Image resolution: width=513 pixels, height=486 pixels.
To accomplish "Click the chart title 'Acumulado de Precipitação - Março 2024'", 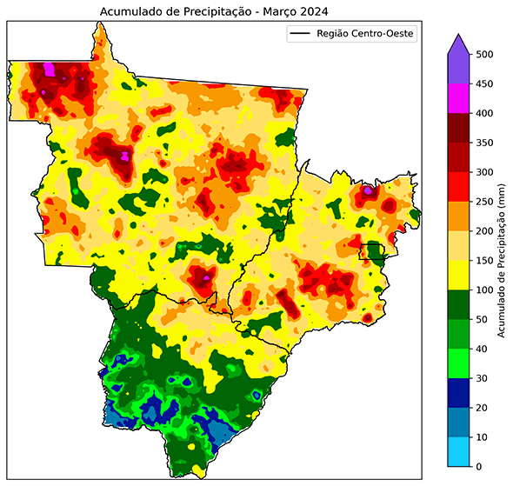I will coord(217,10).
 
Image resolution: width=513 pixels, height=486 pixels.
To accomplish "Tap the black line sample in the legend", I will coord(299,34).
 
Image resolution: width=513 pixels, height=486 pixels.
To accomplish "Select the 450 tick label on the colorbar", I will coord(486,83).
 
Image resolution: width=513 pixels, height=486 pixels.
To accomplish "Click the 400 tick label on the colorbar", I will coord(486,113).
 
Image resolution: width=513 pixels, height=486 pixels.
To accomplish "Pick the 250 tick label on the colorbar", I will coord(486,202).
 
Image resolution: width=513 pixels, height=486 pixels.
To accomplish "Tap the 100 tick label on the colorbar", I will coord(486,290).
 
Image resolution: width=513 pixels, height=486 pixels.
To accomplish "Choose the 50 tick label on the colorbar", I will coord(483,319).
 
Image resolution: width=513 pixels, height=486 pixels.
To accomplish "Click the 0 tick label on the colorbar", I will coord(481,467).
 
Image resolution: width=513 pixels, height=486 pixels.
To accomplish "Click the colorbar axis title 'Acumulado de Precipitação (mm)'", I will coord(503,261).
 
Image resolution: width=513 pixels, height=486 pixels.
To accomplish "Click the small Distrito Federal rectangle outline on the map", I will coord(373,251).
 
